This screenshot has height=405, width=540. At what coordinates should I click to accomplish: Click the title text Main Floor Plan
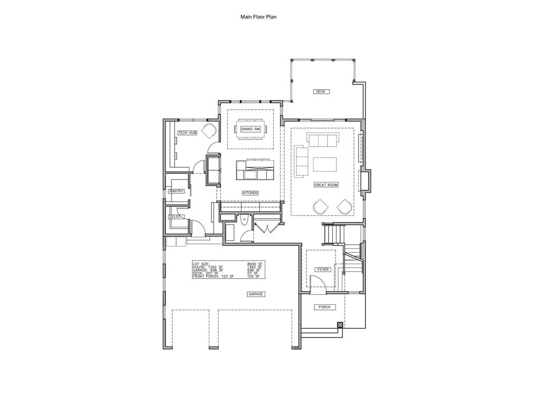point(258,17)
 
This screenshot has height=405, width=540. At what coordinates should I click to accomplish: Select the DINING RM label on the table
point(250,129)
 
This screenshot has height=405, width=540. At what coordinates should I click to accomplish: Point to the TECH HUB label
point(187,133)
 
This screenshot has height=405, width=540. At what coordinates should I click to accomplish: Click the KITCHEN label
point(250,193)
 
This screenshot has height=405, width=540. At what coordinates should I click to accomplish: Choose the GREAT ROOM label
point(326,185)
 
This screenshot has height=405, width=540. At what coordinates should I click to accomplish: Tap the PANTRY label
point(177,191)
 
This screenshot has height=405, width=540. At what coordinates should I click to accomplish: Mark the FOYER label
point(323,269)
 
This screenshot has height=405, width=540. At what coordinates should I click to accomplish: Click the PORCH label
point(323,307)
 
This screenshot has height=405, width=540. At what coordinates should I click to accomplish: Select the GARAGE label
point(256,294)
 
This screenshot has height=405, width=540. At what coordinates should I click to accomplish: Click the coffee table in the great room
point(325,165)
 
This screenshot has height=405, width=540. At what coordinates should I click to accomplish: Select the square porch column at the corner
point(340,324)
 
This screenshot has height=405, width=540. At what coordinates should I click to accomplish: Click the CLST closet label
point(175,217)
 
